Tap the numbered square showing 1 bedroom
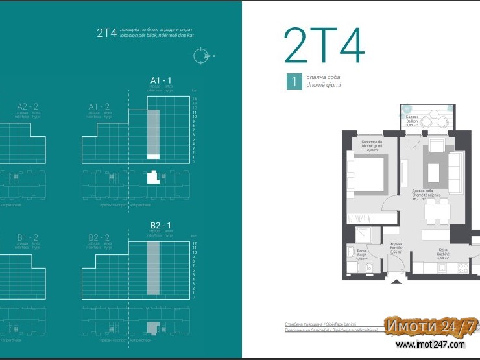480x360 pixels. (294, 81)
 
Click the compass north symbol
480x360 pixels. (202, 56)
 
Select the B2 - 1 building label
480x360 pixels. (160, 225)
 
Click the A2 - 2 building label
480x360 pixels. (26, 106)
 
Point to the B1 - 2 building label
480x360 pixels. (26, 237)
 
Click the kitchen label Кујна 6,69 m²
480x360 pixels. (443, 256)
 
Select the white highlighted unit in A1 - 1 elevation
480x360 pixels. (153, 156)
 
